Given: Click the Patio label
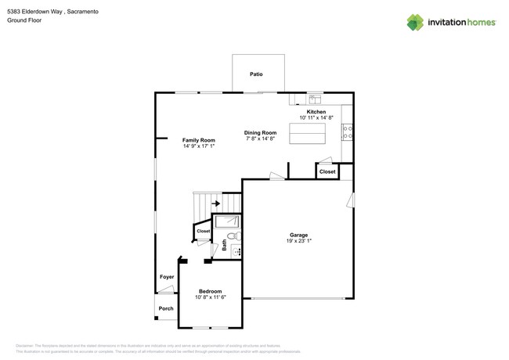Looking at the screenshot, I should click(256, 74).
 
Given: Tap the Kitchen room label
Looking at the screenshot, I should click(316, 112).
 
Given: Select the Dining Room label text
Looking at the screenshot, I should click(260, 133).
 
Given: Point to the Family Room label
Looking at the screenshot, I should click(199, 140).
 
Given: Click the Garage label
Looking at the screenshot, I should click(298, 235).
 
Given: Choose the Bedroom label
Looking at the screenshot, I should click(210, 291).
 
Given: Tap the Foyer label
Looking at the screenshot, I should click(167, 277).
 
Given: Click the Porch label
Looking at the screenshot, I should click(166, 308).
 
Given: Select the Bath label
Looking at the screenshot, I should click(224, 245).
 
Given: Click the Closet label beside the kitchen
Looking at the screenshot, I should click(327, 171).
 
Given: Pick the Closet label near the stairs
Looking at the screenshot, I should click(203, 232).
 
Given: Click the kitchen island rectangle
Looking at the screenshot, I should click(308, 134).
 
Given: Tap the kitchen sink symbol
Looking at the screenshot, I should click(315, 99).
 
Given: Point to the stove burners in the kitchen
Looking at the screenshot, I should click(347, 132).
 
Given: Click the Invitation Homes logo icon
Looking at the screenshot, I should click(415, 23).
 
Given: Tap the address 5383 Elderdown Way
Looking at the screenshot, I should click(35, 12).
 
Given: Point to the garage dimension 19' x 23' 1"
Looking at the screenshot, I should click(298, 241).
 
